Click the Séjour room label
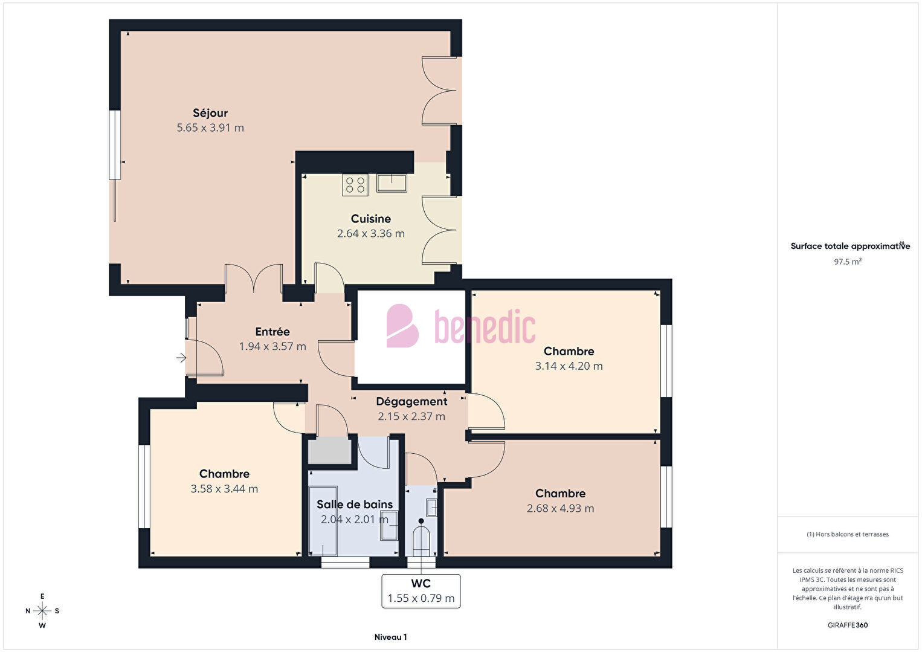(210, 113)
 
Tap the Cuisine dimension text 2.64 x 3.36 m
(371, 234)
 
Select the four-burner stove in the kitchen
(355, 185)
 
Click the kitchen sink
(392, 182)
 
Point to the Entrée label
(272, 332)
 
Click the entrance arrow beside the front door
(181, 358)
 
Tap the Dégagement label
(411, 401)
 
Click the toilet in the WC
(421, 538)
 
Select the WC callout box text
(421, 591)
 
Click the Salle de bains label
(355, 504)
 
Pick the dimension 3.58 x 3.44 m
(224, 489)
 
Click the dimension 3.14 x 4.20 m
(569, 366)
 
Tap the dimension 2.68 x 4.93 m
(561, 508)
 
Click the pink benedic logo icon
(402, 326)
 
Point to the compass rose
(42, 611)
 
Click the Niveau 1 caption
(391, 637)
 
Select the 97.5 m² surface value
(848, 262)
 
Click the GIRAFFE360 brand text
(848, 625)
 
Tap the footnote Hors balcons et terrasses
(848, 534)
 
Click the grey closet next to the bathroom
(330, 450)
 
